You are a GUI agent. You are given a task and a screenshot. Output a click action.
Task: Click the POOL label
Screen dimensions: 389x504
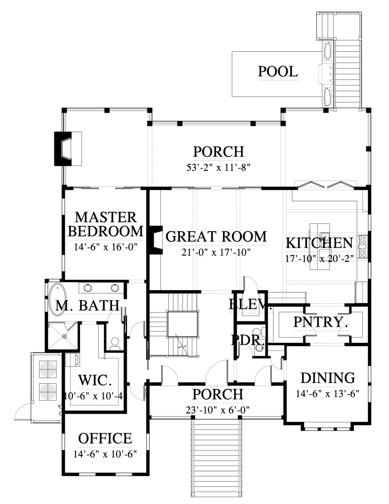coord(278,72)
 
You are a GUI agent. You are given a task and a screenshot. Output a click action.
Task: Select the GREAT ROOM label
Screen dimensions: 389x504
coord(216,237)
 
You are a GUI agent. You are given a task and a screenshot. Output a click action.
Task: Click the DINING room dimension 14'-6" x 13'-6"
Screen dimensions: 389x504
coord(328,394)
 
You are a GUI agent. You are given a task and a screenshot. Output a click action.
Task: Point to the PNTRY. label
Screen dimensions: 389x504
coord(321,322)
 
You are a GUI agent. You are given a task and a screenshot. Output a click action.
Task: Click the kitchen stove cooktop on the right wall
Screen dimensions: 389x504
coord(363,247)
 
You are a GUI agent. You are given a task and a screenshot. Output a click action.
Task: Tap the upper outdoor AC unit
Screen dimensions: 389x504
coord(48,369)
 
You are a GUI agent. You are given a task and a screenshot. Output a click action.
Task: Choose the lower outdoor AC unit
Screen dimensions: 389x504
coord(48,392)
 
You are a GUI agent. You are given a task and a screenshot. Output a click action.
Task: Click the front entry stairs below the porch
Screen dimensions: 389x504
coord(217,458)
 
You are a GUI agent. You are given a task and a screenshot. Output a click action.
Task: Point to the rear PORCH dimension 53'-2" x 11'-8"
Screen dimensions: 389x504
coord(219,167)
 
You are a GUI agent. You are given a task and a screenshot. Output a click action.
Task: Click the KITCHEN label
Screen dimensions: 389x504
coord(319,243)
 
